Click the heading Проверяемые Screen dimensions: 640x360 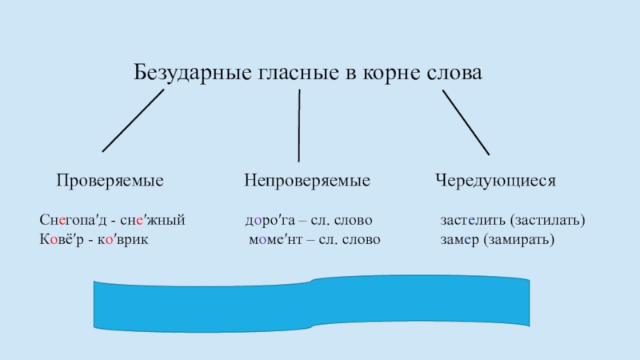110,182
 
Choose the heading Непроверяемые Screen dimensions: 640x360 307,182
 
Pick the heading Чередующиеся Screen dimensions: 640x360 495,182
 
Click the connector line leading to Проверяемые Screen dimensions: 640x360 133,120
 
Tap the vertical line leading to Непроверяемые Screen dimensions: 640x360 299,126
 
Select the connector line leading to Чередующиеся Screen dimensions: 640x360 466,122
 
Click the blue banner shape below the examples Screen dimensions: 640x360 312,307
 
